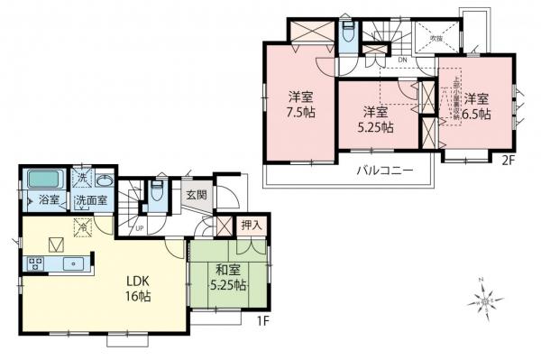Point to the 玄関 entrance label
point(197,194)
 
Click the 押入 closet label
point(251,225)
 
